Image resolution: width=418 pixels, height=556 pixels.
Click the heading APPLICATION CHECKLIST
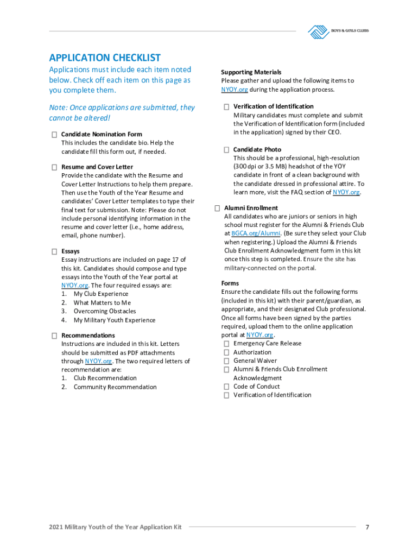(105, 58)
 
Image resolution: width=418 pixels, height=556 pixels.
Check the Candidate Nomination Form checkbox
(54, 134)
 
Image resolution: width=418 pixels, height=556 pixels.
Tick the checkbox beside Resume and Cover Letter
(54, 167)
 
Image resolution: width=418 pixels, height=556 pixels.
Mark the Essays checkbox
(54, 251)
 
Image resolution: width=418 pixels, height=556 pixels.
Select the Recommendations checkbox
(54, 336)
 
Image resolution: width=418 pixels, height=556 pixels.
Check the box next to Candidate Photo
(226, 149)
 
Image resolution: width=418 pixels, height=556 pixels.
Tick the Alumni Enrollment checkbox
(217, 208)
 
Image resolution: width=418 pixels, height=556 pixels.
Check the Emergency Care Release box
(226, 344)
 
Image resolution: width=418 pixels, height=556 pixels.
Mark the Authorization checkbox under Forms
(226, 352)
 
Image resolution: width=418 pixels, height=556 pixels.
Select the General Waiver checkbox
(226, 361)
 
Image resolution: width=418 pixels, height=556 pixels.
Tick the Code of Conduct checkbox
(226, 387)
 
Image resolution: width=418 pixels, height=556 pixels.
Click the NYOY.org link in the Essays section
(75, 285)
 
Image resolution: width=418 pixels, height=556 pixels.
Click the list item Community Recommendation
(115, 387)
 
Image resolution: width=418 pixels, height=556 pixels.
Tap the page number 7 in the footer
(368, 527)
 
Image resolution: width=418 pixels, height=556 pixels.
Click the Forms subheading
(230, 283)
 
